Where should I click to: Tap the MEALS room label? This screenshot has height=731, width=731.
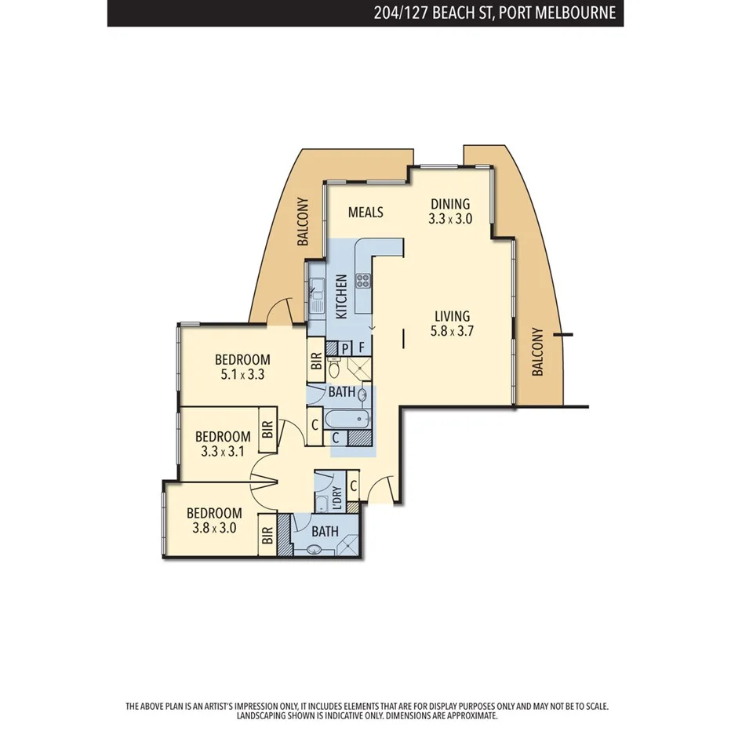(365, 213)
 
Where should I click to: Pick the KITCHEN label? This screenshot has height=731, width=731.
(341, 296)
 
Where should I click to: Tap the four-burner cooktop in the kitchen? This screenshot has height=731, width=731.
(365, 280)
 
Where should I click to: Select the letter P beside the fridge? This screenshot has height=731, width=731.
(345, 347)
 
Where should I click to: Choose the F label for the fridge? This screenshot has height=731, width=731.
(362, 347)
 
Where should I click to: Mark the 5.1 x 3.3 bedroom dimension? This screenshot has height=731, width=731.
(242, 375)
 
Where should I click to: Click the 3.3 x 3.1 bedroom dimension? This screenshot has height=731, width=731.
(223, 451)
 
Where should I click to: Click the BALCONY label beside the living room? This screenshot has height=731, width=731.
(537, 352)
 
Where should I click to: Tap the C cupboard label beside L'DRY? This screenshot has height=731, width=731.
(354, 486)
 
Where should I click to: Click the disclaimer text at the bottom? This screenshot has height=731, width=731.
(366, 711)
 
